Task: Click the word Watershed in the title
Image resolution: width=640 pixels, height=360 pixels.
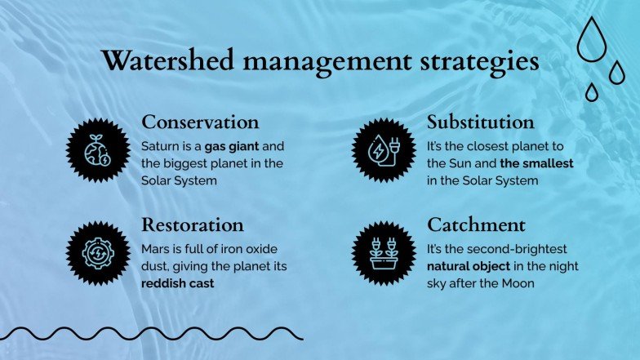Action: point(168,60)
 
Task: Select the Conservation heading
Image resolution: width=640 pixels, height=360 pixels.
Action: point(200,122)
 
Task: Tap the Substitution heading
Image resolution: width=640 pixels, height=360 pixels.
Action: point(480,122)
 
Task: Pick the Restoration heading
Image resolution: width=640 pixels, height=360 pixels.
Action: point(193,225)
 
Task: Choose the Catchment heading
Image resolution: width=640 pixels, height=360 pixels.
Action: point(476,225)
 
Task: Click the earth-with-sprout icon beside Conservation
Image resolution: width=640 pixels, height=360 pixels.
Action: point(98,150)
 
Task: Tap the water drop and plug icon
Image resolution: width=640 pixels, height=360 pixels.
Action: point(384,150)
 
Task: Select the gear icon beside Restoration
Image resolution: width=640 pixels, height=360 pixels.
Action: point(98,253)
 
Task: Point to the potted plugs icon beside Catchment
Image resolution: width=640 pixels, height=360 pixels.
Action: point(384,253)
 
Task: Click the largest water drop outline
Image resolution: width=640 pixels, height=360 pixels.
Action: point(591,39)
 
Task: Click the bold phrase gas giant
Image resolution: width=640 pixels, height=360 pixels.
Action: point(232,147)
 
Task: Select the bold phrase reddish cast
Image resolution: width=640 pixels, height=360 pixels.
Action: point(178,283)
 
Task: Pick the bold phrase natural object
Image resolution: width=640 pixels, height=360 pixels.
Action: point(469,266)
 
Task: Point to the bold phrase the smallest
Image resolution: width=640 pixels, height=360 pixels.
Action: point(536,163)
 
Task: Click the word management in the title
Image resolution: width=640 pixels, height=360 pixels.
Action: point(327,62)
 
